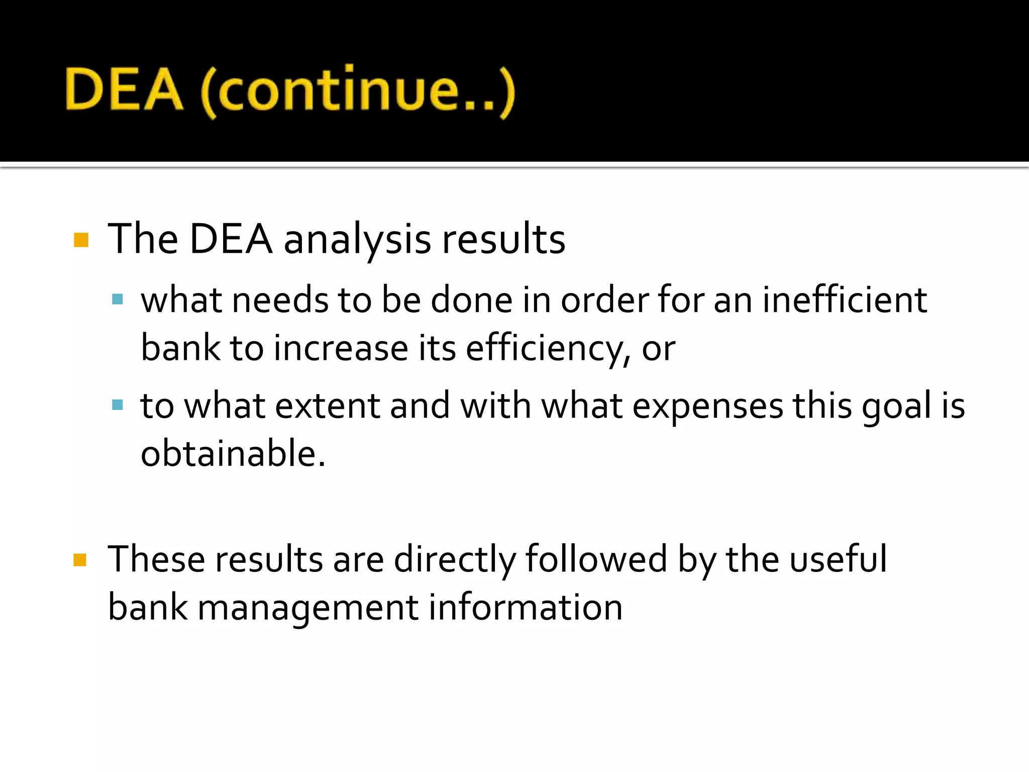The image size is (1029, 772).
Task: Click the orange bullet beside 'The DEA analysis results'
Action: coord(81,240)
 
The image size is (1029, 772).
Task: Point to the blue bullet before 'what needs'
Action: coord(118,300)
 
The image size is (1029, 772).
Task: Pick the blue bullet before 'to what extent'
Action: coord(118,405)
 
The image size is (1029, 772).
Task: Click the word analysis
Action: coord(357,240)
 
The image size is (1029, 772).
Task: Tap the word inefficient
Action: coord(844,300)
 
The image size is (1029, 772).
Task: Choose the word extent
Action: coord(327,406)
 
